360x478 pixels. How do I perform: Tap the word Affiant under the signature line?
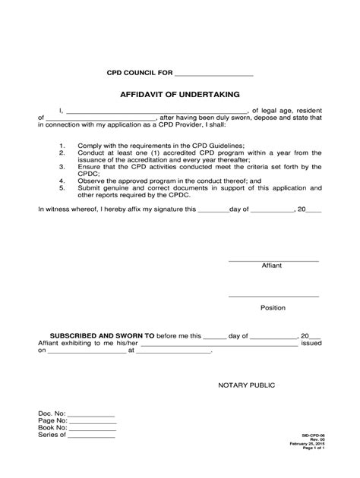pos(273,267)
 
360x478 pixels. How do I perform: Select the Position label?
pos(273,308)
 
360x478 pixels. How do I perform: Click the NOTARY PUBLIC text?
pos(247,385)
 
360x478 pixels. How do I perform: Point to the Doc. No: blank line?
pos(90,415)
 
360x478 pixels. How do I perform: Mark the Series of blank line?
pos(92,438)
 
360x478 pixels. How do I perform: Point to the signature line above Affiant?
pos(273,260)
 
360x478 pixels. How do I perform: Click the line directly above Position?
pos(273,296)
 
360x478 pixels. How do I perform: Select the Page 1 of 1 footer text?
pos(312,467)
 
